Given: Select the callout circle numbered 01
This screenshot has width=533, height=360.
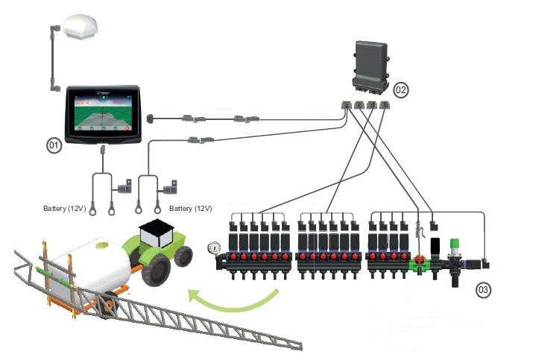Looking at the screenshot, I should point(54,147).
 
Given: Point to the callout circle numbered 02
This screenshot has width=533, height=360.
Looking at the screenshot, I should point(401,90).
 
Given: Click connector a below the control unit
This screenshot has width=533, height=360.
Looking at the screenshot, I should point(347,106).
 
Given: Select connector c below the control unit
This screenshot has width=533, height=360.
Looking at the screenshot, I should point(359,106).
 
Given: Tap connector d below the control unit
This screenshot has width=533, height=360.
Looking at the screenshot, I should point(372,106).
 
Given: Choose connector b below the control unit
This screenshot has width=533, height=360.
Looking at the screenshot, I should point(384,106).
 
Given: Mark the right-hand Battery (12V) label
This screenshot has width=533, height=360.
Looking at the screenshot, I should point(191,208).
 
